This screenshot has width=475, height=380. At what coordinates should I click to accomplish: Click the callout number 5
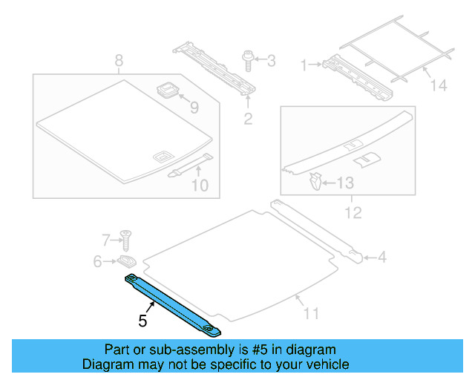(142, 321)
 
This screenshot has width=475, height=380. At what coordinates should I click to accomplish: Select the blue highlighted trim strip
(174, 303)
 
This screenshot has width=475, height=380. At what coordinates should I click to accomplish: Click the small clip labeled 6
(126, 261)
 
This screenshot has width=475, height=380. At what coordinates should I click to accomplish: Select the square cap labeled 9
(168, 91)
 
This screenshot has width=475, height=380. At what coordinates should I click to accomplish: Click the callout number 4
(381, 258)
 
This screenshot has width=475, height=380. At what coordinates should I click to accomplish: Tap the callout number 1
(304, 65)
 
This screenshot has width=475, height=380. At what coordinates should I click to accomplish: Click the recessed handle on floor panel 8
(161, 156)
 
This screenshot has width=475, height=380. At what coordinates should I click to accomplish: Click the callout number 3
(271, 59)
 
